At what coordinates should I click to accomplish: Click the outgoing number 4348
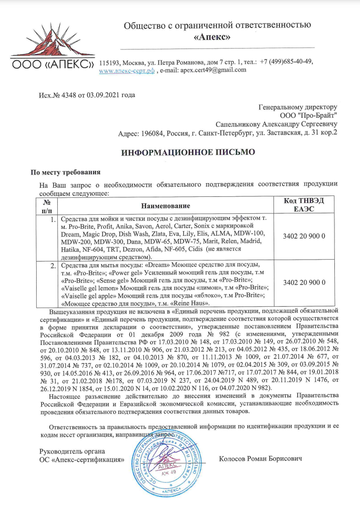tap(65, 95)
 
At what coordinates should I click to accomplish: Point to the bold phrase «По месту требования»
tap(65, 173)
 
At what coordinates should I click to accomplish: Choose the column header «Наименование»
tap(165, 206)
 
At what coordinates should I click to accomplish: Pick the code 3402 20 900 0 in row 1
tap(304, 236)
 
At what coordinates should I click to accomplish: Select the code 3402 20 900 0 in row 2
tap(304, 282)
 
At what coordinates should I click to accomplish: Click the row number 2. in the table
tap(53, 266)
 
